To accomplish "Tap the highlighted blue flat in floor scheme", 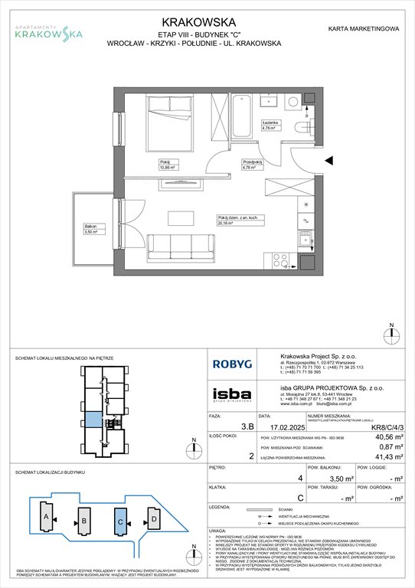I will [91, 420].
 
